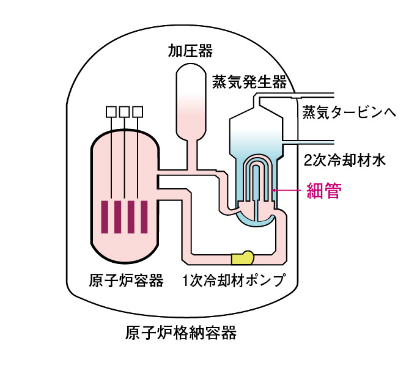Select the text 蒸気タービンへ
click(349, 112)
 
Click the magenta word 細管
click(323, 191)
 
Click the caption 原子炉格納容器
click(180, 333)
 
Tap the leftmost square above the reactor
click(111, 111)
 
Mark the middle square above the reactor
click(124, 111)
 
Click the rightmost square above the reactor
click(138, 111)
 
